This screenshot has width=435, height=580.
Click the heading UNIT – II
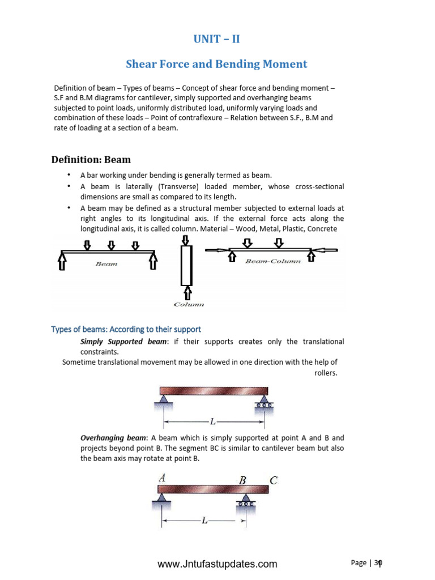coord(217,40)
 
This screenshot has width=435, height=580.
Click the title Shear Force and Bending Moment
coord(216,64)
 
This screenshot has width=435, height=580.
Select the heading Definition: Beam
coord(91,160)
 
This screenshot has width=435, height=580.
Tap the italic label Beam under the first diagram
coord(106,264)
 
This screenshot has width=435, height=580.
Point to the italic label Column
coord(189,304)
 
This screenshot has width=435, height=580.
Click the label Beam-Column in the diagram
coord(273,262)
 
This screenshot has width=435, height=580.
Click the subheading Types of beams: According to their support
coord(126,329)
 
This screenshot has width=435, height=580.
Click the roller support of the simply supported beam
coord(263,403)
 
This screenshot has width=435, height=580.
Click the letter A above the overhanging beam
coord(162,478)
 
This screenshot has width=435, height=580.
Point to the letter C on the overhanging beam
coord(274,481)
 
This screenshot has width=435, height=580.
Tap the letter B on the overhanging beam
coord(243,481)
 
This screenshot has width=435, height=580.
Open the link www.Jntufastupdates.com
coord(217,564)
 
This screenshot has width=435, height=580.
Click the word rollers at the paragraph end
coord(326,373)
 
